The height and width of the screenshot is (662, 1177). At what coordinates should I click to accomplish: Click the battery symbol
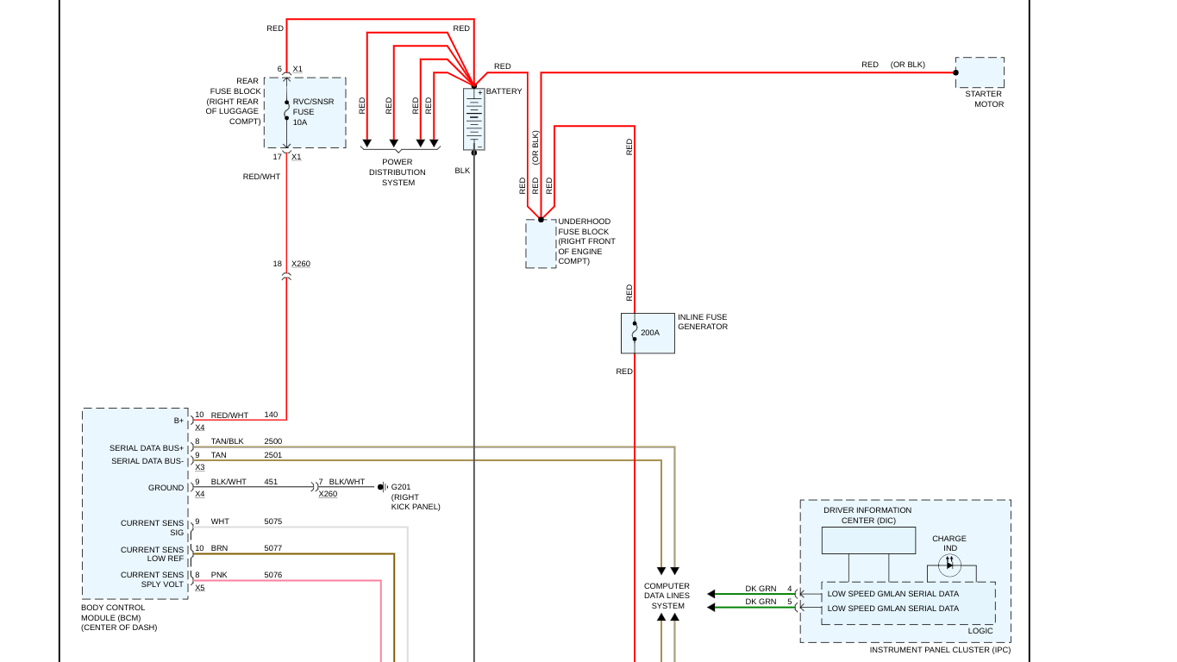point(473,120)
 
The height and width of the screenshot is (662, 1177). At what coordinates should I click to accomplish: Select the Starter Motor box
point(980,72)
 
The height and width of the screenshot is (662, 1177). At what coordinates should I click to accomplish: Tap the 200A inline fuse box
point(648,333)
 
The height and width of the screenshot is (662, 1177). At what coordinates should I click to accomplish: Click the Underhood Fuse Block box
point(541,244)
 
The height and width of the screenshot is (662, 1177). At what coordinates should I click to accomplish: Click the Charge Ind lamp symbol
point(949,565)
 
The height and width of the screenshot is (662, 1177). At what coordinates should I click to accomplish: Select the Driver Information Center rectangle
point(868,540)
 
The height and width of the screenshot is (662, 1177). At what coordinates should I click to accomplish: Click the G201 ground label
point(401,486)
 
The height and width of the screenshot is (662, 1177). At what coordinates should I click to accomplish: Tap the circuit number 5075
point(272,521)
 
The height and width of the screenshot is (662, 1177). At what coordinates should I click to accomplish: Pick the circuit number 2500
point(272,441)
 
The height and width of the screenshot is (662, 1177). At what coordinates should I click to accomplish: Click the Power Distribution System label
point(398,172)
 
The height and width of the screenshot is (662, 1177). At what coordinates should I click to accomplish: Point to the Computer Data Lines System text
point(667,596)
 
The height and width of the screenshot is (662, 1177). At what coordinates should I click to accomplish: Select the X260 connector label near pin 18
point(301,264)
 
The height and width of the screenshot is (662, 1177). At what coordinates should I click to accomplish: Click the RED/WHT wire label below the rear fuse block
point(261,177)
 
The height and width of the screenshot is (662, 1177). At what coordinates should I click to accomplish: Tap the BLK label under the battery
point(462,171)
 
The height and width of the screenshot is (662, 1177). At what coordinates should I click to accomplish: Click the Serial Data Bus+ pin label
point(147,448)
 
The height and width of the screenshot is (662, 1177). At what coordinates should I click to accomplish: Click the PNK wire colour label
point(219,575)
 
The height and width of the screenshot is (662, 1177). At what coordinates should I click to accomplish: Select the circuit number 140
point(271,415)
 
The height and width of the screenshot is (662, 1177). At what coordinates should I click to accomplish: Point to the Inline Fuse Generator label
point(702,322)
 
